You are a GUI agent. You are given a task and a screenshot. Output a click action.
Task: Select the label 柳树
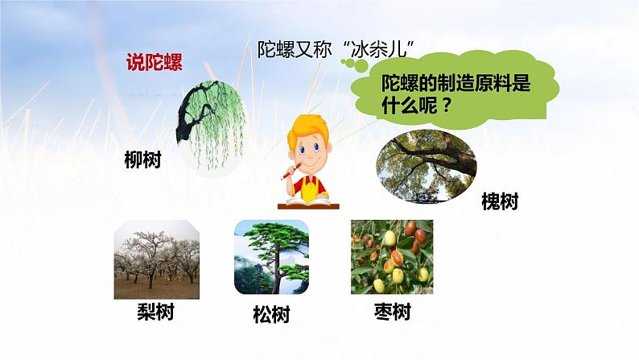(143, 159)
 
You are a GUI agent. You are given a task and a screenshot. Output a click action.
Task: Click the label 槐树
(499, 201)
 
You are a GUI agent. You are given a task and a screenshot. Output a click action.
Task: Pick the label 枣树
(392, 312)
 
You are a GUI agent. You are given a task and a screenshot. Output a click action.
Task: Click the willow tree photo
(213, 125)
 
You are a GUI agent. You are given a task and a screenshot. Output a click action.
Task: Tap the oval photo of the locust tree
(426, 167)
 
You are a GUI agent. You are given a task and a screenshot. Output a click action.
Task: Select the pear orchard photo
(156, 259)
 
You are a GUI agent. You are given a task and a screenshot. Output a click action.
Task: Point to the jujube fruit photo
(392, 257)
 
